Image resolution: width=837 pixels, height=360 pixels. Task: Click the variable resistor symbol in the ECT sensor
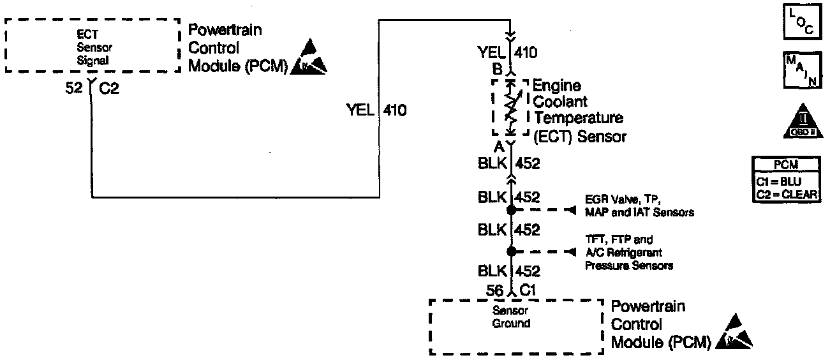(510, 108)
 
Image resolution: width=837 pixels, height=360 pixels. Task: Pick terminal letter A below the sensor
(499, 147)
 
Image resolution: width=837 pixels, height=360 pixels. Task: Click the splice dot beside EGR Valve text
(510, 209)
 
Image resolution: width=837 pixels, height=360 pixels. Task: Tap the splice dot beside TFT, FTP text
(510, 251)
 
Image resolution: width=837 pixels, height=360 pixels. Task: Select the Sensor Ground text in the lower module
(511, 317)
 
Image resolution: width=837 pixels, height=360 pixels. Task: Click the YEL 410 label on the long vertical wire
(376, 110)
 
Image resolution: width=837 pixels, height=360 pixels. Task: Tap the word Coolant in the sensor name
(560, 101)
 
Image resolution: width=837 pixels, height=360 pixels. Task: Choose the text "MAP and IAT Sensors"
(639, 212)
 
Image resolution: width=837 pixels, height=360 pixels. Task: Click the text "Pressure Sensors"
(628, 265)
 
